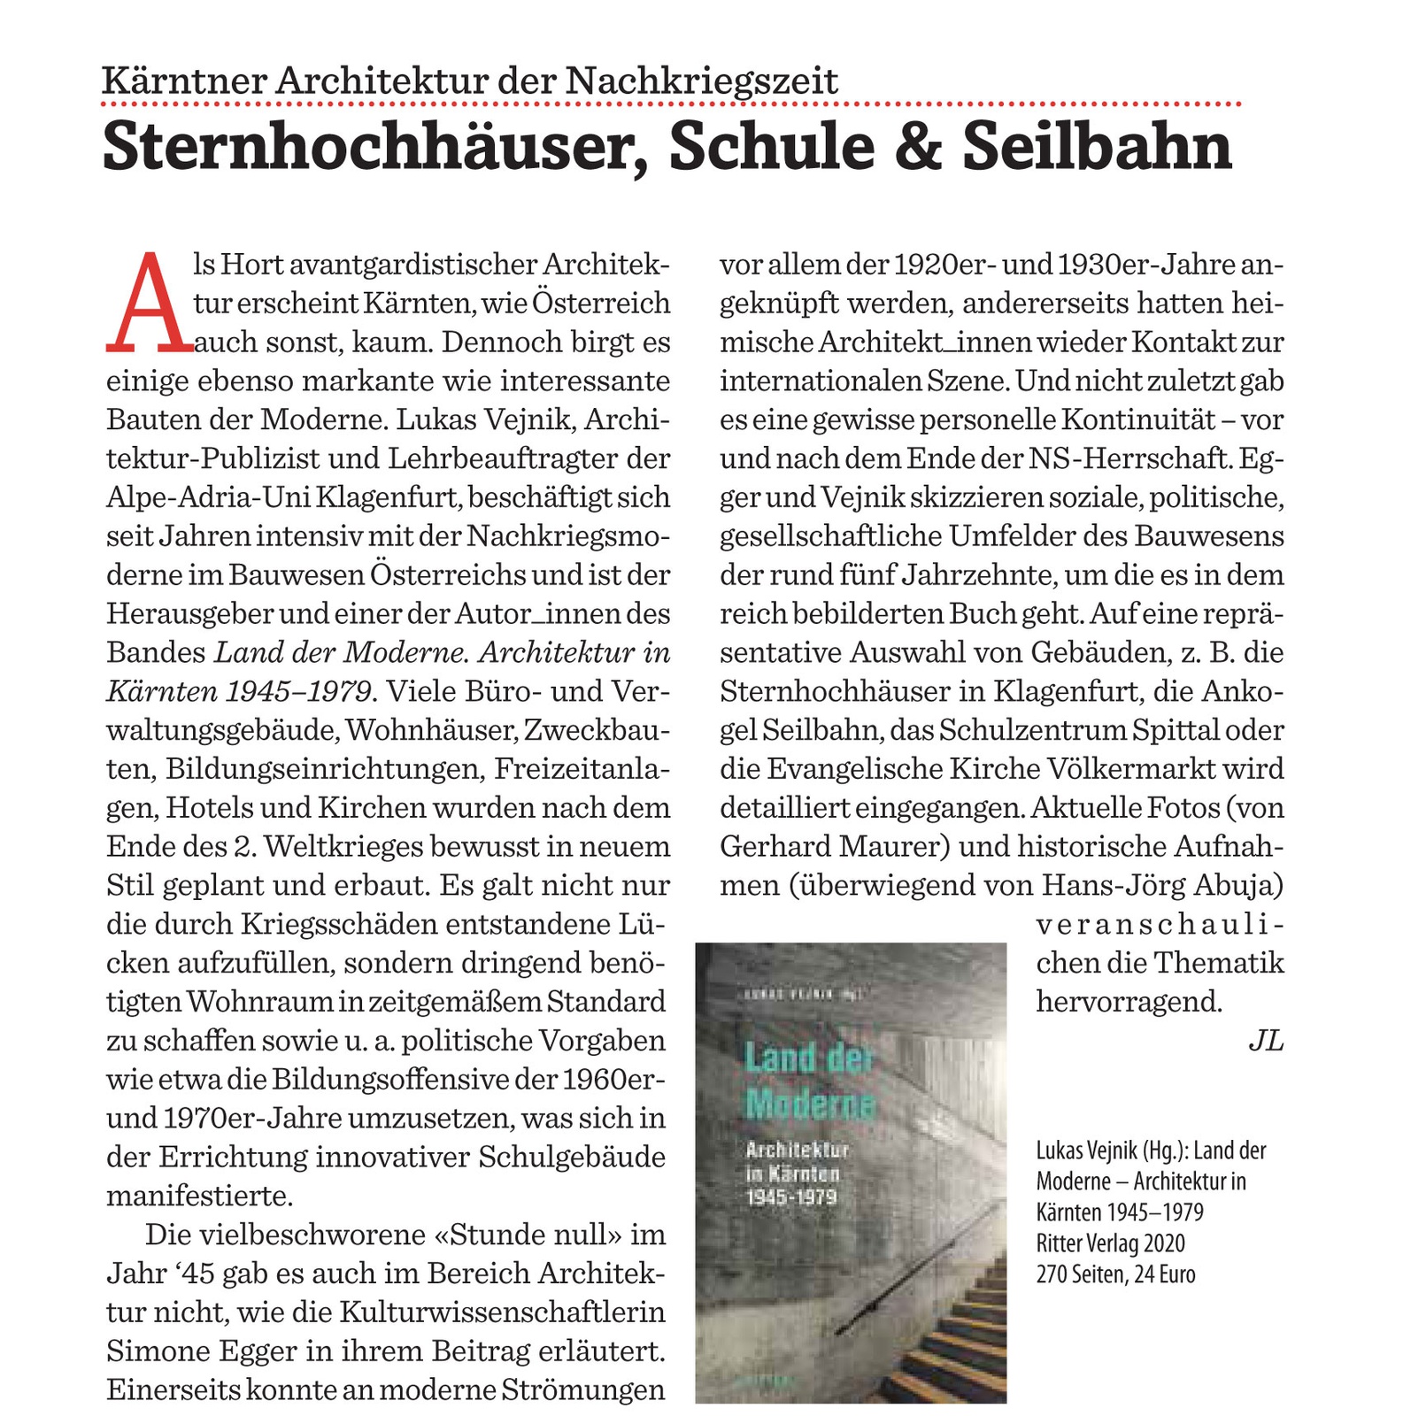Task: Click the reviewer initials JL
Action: coord(1265,1041)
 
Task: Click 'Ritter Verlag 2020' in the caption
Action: coord(1110,1243)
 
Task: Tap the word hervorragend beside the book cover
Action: coord(1129,1002)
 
